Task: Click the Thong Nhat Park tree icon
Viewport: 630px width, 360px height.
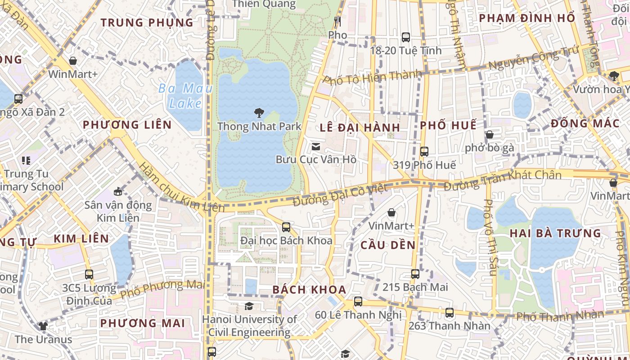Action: [x=259, y=112]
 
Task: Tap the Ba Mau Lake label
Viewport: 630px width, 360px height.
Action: [x=185, y=96]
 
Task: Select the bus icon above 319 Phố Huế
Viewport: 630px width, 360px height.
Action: [x=424, y=152]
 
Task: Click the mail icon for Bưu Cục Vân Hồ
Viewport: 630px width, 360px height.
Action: [x=316, y=146]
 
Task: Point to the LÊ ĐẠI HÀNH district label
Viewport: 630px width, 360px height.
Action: [x=360, y=127]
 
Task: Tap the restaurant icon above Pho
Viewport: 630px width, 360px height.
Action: [x=337, y=21]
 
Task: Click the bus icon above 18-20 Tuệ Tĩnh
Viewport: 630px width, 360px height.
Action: [x=406, y=37]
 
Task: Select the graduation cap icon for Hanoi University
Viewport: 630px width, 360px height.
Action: [x=249, y=306]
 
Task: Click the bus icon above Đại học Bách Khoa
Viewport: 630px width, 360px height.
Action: [x=286, y=227]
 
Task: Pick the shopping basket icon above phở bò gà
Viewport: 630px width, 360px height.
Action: [x=490, y=135]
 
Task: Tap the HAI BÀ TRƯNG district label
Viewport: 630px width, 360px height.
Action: [x=555, y=233]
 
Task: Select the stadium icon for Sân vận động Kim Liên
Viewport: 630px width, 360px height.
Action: [x=118, y=192]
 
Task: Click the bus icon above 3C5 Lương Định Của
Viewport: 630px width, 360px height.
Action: [x=89, y=274]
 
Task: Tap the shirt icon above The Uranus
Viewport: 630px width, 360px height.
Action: [x=43, y=326]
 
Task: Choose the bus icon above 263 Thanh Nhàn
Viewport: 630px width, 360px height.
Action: [x=449, y=312]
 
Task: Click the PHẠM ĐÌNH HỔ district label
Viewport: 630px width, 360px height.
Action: [x=527, y=18]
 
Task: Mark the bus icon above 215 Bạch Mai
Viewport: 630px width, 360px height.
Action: [x=415, y=274]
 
